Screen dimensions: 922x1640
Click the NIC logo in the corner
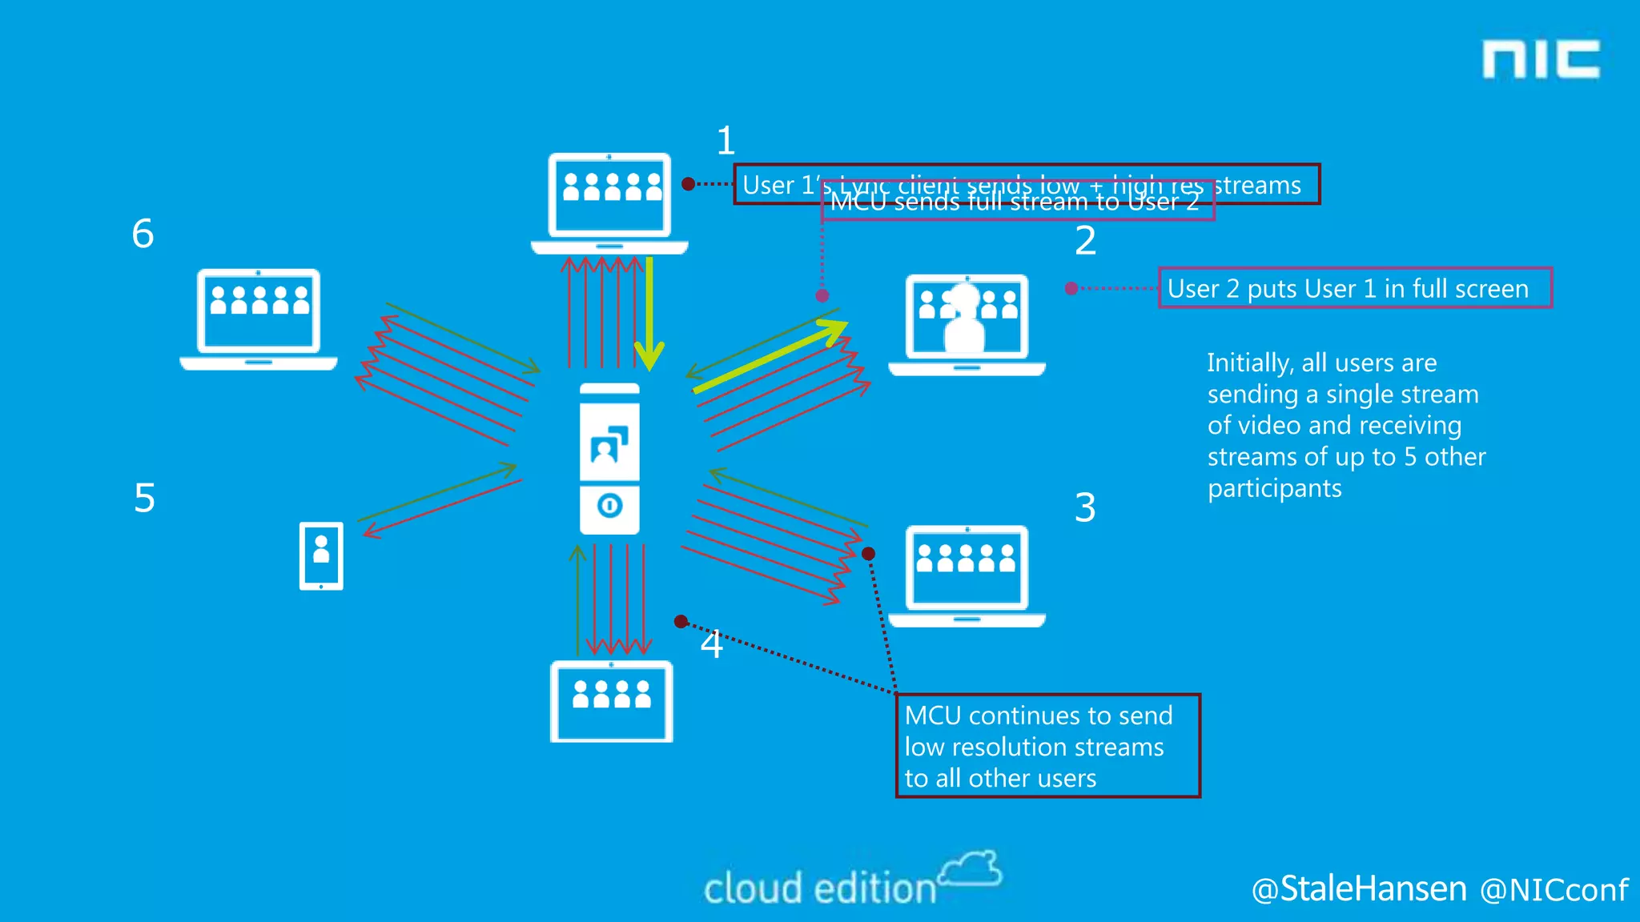click(x=1541, y=59)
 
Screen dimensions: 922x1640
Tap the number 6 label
click(x=143, y=234)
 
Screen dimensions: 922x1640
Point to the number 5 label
click(x=144, y=498)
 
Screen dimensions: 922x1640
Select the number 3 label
click(x=1085, y=507)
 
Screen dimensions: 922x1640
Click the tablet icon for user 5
click(x=321, y=556)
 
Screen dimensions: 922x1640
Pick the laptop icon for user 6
click(x=258, y=319)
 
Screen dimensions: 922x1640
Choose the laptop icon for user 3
click(x=967, y=575)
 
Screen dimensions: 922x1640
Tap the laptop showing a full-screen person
click(x=967, y=323)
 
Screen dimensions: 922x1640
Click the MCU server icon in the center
click(x=609, y=459)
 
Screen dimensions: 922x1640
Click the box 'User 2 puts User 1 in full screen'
click(x=1354, y=288)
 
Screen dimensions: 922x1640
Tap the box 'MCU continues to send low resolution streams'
click(x=1047, y=746)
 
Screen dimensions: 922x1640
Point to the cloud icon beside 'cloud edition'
click(x=971, y=869)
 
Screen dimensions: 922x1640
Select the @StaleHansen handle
click(x=1359, y=888)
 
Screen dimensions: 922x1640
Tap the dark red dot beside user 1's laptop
click(x=688, y=184)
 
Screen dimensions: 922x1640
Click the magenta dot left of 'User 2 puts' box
click(x=1071, y=288)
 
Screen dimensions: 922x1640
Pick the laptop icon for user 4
click(x=611, y=701)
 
